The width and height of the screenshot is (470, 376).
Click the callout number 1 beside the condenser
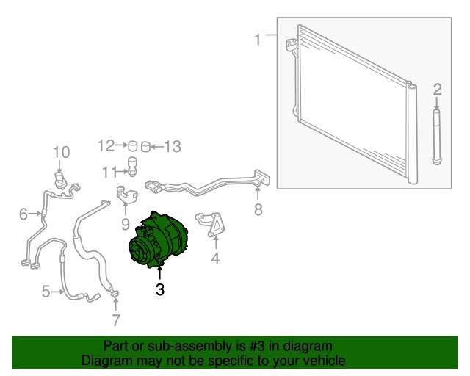point(258,40)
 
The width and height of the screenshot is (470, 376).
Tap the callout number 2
point(438,90)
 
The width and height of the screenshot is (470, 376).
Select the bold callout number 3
point(160,289)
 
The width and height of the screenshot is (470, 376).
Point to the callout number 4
point(215,258)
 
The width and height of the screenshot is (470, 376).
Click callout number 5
point(46,292)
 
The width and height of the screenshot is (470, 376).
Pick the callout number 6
point(23,214)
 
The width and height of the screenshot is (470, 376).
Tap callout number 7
point(116,320)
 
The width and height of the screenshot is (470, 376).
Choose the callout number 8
point(258,209)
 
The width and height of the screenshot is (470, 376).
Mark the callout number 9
point(126,224)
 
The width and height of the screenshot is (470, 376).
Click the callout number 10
point(62,152)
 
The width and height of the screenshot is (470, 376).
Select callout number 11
point(109,173)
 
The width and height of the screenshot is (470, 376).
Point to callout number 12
point(106,145)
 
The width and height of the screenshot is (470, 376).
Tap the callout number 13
point(173,147)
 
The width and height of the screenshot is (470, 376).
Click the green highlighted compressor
point(157,240)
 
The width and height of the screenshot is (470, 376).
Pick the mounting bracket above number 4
point(211,224)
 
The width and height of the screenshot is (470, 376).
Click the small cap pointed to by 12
point(132,146)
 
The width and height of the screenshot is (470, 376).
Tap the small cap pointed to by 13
point(145,147)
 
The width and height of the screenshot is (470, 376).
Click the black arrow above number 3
point(160,273)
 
